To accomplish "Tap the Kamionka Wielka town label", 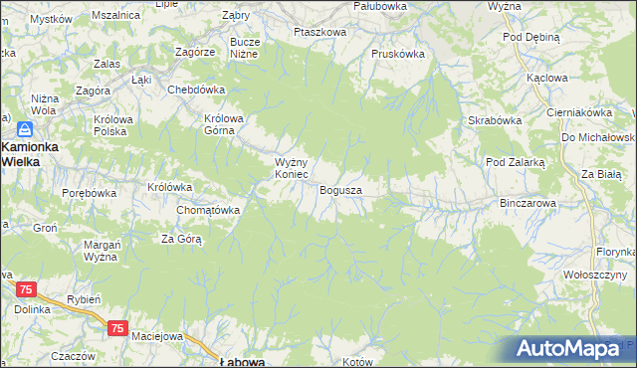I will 31,152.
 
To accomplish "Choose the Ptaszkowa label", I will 319,32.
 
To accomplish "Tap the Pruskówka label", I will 397,54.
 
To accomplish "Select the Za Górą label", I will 182,239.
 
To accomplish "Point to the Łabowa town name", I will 241,362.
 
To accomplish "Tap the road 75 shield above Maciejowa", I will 118,327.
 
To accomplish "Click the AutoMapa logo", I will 569,349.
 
